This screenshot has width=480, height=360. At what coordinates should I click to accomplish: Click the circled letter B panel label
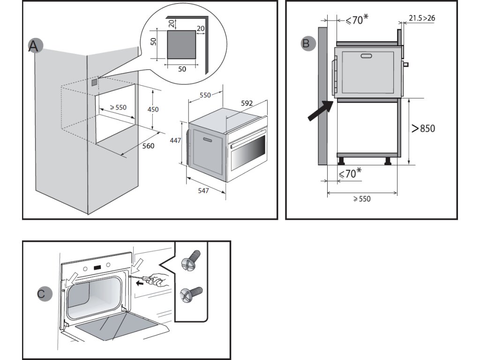pos(307,44)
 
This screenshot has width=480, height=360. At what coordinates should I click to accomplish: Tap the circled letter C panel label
pos(45,294)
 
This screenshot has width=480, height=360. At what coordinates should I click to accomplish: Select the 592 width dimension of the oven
pos(247,103)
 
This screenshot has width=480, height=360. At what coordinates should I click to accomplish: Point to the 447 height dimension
pos(175,141)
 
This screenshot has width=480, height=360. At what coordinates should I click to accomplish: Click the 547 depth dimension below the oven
pos(203,191)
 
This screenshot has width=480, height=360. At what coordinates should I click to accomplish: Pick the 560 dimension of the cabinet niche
pos(148,146)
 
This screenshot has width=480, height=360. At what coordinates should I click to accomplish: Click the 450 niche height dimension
pos(153,109)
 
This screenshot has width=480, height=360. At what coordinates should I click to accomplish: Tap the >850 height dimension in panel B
pos(423,128)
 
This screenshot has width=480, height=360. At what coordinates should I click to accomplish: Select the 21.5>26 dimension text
pos(422,18)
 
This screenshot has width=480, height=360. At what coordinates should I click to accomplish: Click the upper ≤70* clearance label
pos(357,20)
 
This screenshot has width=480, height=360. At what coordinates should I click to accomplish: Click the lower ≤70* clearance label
pos(350,173)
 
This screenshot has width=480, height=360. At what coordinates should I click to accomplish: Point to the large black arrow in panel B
pos(320,111)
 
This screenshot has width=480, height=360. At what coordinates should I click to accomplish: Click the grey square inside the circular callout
pos(181,45)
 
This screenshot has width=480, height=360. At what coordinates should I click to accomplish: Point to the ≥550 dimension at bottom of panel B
pos(362,199)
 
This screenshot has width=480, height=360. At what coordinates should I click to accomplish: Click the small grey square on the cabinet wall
pos(95,82)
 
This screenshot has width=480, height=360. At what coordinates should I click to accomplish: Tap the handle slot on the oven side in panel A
pos(207,140)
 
